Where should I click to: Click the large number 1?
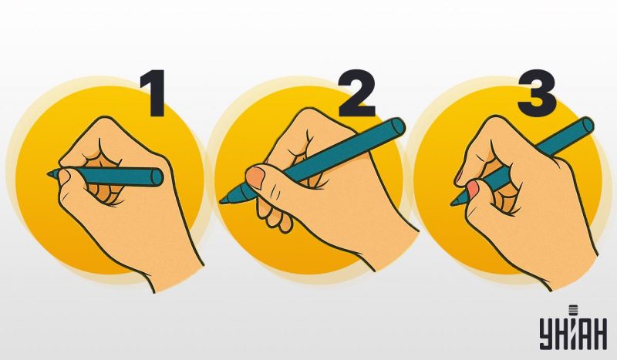point(154,93)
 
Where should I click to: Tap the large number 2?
point(356,93)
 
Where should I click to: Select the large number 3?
point(536,93)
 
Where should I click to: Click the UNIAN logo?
point(573,328)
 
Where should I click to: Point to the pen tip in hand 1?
point(49,174)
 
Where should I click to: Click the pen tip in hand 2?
point(222,200)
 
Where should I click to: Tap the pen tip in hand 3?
point(453,203)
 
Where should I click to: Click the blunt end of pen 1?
point(157,177)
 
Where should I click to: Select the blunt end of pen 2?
point(398,126)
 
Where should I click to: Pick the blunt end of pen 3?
point(588,125)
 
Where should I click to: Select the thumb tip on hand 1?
point(65,176)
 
